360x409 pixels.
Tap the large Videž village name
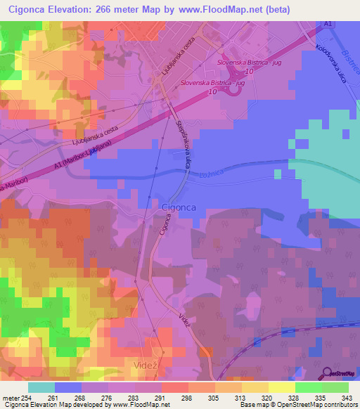pyautogui.click(x=144, y=365)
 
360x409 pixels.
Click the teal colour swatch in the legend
pyautogui.click(x=41, y=387)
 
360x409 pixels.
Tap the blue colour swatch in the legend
pyautogui.click(x=68, y=387)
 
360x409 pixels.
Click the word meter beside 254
pyautogui.click(x=12, y=398)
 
